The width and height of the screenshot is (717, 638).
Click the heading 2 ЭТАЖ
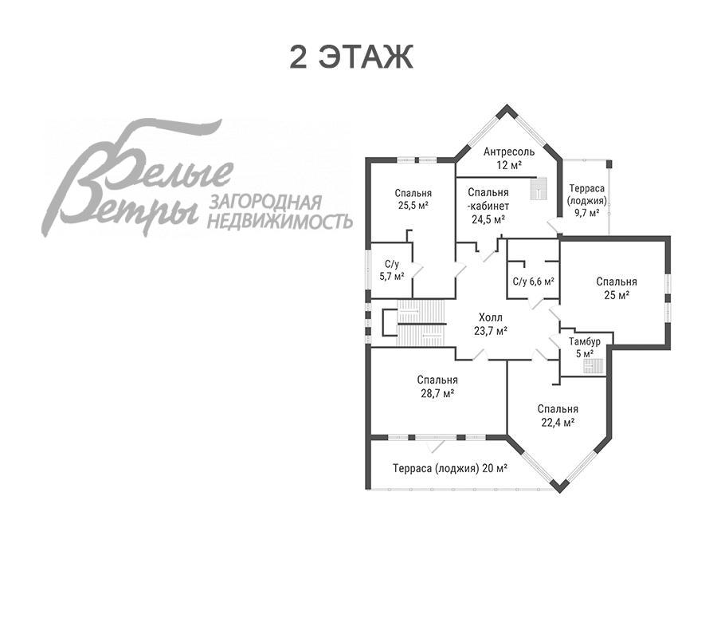tap(351, 57)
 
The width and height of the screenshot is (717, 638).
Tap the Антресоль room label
tap(509, 152)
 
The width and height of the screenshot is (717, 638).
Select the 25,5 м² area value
tap(413, 206)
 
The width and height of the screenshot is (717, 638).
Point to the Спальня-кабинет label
tap(488, 199)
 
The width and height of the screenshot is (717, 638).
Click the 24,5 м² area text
tap(488, 219)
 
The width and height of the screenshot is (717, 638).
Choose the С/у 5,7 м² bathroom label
tap(392, 270)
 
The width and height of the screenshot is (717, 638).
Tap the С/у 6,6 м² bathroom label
tap(534, 282)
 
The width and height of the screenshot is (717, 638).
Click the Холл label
tap(490, 317)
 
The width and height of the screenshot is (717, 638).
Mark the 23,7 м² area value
tap(490, 331)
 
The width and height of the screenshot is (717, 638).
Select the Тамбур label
tap(585, 341)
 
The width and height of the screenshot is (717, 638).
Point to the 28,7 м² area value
tap(437, 394)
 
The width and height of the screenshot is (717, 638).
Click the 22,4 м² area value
tap(558, 423)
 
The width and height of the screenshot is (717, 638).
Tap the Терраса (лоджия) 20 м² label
tap(450, 468)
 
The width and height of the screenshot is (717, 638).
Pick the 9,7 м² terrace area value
tap(587, 213)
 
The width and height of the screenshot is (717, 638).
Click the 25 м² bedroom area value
tap(617, 295)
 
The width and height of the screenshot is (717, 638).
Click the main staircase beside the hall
tap(421, 323)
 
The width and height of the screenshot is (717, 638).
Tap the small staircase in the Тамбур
tap(594, 366)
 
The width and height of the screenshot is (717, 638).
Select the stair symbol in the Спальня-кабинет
tap(539, 188)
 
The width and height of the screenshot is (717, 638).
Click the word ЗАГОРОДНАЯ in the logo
tap(265, 202)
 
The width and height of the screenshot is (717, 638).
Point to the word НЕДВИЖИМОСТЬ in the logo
tap(280, 221)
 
